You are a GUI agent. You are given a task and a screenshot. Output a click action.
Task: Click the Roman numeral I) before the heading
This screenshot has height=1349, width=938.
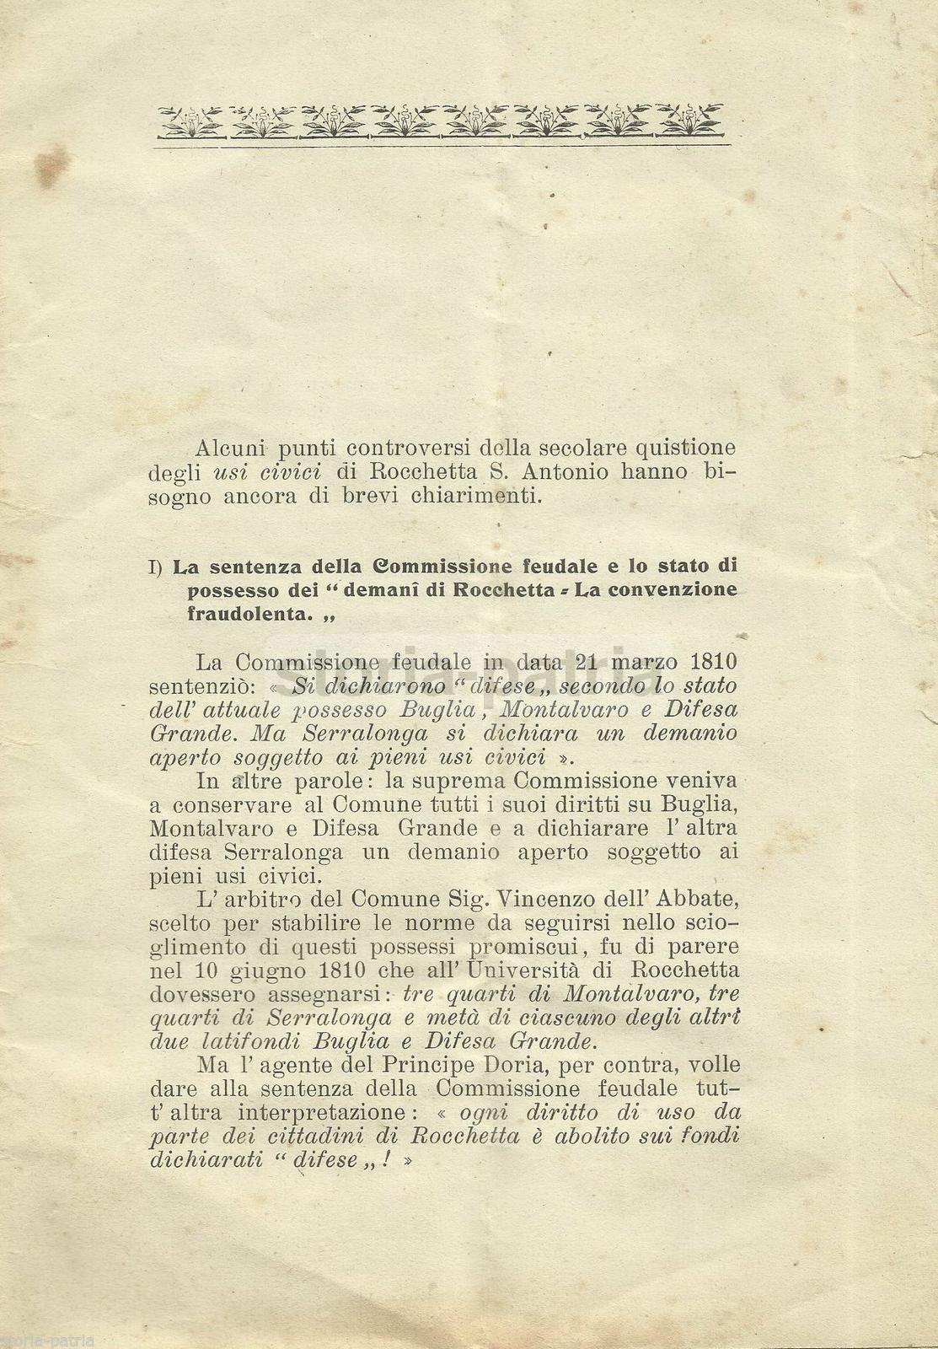coord(156,567)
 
